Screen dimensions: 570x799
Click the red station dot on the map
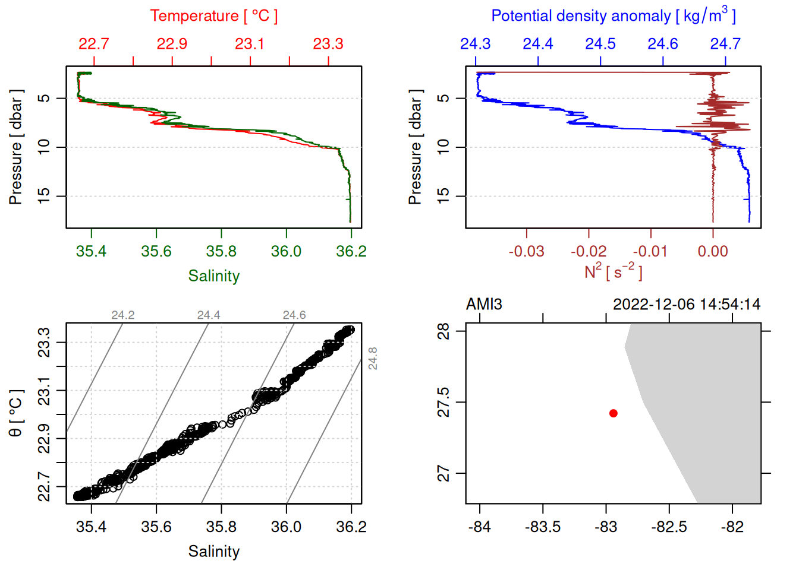(x=613, y=413)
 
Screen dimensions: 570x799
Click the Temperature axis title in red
(x=213, y=16)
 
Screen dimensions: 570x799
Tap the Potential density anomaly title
(x=613, y=16)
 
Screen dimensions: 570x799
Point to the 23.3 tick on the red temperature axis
(x=328, y=44)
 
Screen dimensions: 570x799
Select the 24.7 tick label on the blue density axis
(x=725, y=44)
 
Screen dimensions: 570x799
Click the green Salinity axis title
(x=213, y=276)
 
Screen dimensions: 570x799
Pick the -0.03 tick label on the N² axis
(x=526, y=252)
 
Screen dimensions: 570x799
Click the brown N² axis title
(x=613, y=271)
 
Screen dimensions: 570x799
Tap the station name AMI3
(x=484, y=305)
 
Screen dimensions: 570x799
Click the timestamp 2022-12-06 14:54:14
(x=687, y=305)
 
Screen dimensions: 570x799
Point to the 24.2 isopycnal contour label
(x=123, y=315)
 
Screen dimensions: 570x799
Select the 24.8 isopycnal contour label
(x=373, y=359)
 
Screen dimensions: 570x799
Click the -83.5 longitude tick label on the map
(x=543, y=527)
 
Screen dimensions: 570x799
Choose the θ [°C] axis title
(x=16, y=413)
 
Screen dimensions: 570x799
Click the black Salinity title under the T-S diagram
(x=213, y=552)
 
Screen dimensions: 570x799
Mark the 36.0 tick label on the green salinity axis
(x=286, y=252)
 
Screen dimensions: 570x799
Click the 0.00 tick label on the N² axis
(x=713, y=252)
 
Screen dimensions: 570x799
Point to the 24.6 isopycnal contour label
(x=294, y=315)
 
